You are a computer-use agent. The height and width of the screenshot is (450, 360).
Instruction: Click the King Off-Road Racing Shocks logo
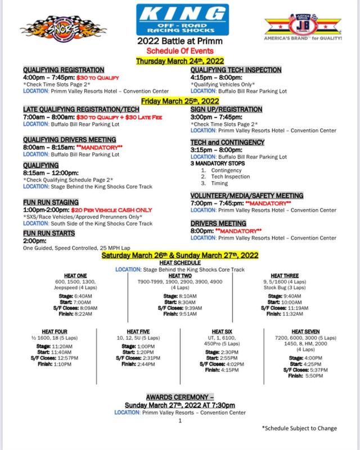pyautogui.click(x=182, y=20)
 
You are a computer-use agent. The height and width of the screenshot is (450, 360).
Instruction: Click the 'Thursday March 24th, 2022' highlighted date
pyautogui.click(x=180, y=60)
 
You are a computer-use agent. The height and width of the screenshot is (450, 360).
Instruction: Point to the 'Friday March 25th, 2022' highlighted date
pyautogui.click(x=180, y=101)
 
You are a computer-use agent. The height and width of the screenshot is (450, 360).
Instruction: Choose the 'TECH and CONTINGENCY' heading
pyautogui.click(x=227, y=142)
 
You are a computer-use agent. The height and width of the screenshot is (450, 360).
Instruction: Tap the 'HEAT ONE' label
pyautogui.click(x=75, y=276)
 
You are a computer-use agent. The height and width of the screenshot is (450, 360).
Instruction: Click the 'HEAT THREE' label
pyautogui.click(x=285, y=276)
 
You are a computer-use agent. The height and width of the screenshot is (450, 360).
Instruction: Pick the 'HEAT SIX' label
pyautogui.click(x=222, y=331)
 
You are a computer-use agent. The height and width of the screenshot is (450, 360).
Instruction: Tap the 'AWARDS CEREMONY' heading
pyautogui.click(x=179, y=397)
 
